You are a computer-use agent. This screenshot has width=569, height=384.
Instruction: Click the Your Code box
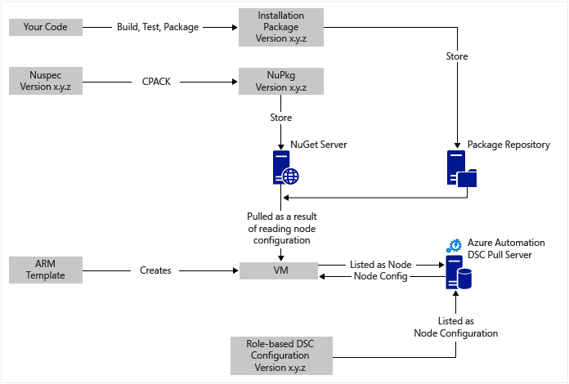point(45,27)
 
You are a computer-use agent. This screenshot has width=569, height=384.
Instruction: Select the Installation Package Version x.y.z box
point(280,27)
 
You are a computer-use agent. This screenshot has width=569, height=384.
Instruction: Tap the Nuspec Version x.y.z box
point(45,82)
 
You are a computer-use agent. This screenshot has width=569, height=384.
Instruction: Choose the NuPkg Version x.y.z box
point(280,82)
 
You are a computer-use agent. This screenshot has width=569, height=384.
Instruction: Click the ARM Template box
point(45,270)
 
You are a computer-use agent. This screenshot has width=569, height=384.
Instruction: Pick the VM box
point(280,270)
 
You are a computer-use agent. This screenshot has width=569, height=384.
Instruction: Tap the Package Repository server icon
point(459,169)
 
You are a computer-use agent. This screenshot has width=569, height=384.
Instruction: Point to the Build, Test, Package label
point(159,27)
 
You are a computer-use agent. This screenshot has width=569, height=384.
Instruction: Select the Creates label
point(155,270)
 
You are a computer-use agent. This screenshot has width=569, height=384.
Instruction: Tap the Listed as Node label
point(380,265)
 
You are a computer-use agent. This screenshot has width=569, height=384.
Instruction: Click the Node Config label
point(380,276)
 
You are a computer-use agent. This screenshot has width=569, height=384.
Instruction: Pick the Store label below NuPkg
point(280,117)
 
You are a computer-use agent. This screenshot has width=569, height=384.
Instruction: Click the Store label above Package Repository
point(455,57)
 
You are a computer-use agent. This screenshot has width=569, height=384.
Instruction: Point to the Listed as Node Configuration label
point(455,327)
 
